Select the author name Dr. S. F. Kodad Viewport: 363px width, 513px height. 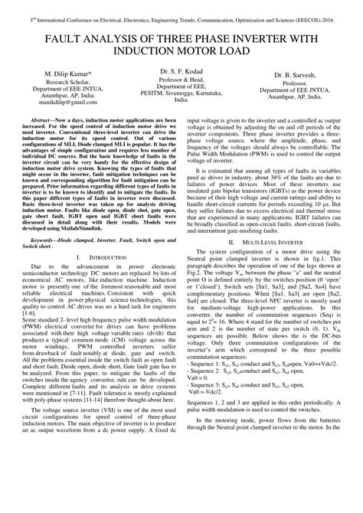pos(181,92)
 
